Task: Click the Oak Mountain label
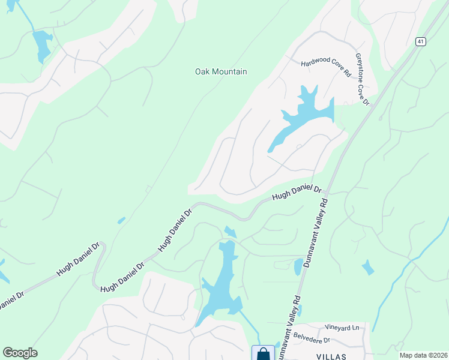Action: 221,72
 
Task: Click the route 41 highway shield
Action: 420,41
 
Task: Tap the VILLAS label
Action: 331,356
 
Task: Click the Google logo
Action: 20,353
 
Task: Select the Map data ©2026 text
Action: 423,355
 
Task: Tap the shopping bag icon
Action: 263,354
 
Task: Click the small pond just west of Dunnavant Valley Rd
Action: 298,266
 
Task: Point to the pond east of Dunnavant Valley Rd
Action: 367,268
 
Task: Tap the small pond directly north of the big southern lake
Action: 229,232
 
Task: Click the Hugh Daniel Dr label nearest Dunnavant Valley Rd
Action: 297,193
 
